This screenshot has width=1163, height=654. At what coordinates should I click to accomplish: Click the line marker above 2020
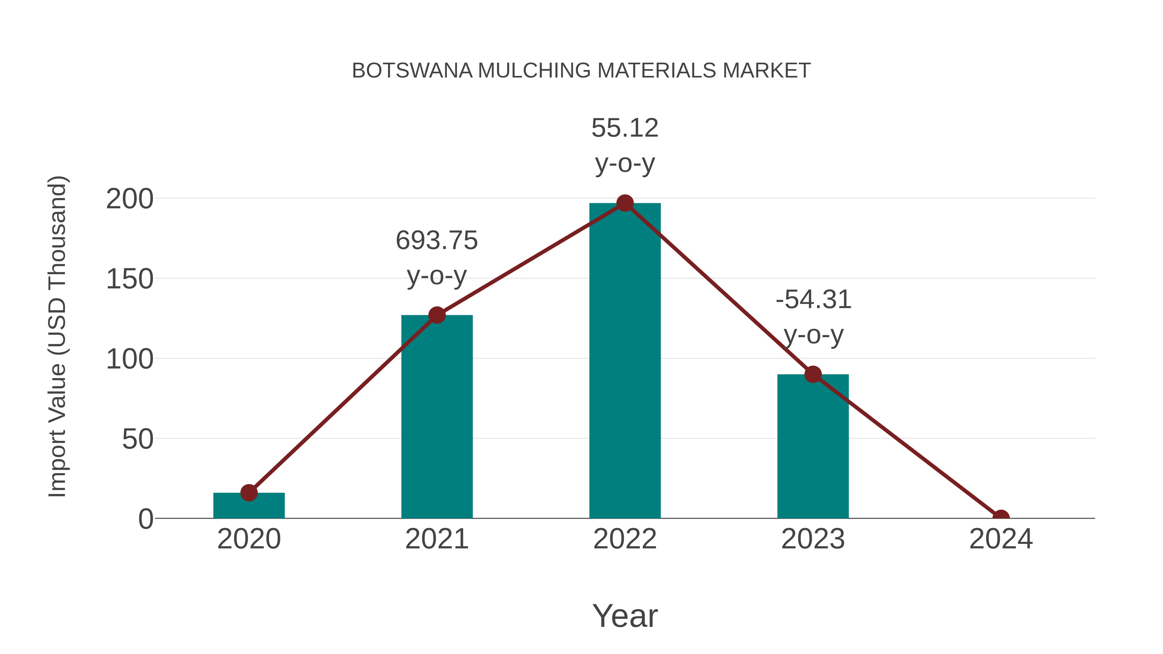tap(249, 493)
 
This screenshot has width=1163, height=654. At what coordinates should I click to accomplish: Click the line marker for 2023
tap(813, 374)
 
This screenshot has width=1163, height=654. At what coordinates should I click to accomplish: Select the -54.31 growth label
tap(813, 300)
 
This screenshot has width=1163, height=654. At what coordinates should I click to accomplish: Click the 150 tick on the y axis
tap(130, 279)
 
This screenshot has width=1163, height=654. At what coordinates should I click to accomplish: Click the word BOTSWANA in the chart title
tap(412, 71)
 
